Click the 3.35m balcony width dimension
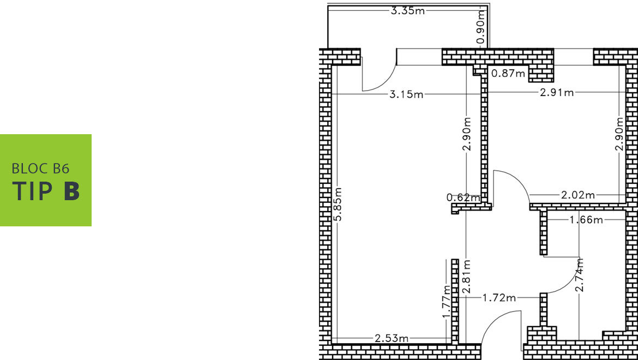(408, 11)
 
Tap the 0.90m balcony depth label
(481, 27)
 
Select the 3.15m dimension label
(406, 95)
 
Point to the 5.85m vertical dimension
(339, 204)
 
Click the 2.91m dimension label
(557, 93)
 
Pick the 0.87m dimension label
(508, 74)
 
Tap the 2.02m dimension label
(578, 195)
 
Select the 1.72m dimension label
(499, 298)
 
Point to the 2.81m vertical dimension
(467, 277)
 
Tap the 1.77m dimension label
(447, 302)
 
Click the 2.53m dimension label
(392, 338)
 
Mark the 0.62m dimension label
(464, 198)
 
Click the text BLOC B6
(41, 169)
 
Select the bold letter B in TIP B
(71, 191)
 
